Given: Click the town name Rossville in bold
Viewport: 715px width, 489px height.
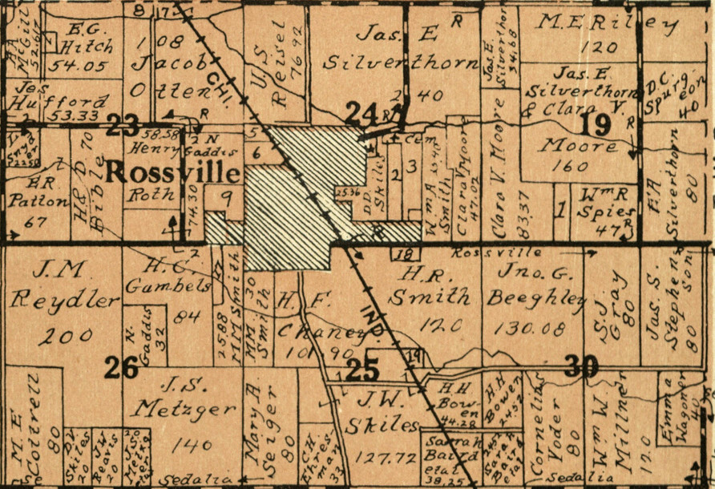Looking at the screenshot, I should (173, 172).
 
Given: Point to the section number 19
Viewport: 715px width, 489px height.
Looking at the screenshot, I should (598, 123).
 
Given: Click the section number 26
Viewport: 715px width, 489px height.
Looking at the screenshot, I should (123, 367).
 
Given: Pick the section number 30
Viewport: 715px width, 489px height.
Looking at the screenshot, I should (581, 366).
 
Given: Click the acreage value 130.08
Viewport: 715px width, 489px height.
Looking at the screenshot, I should (530, 327).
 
